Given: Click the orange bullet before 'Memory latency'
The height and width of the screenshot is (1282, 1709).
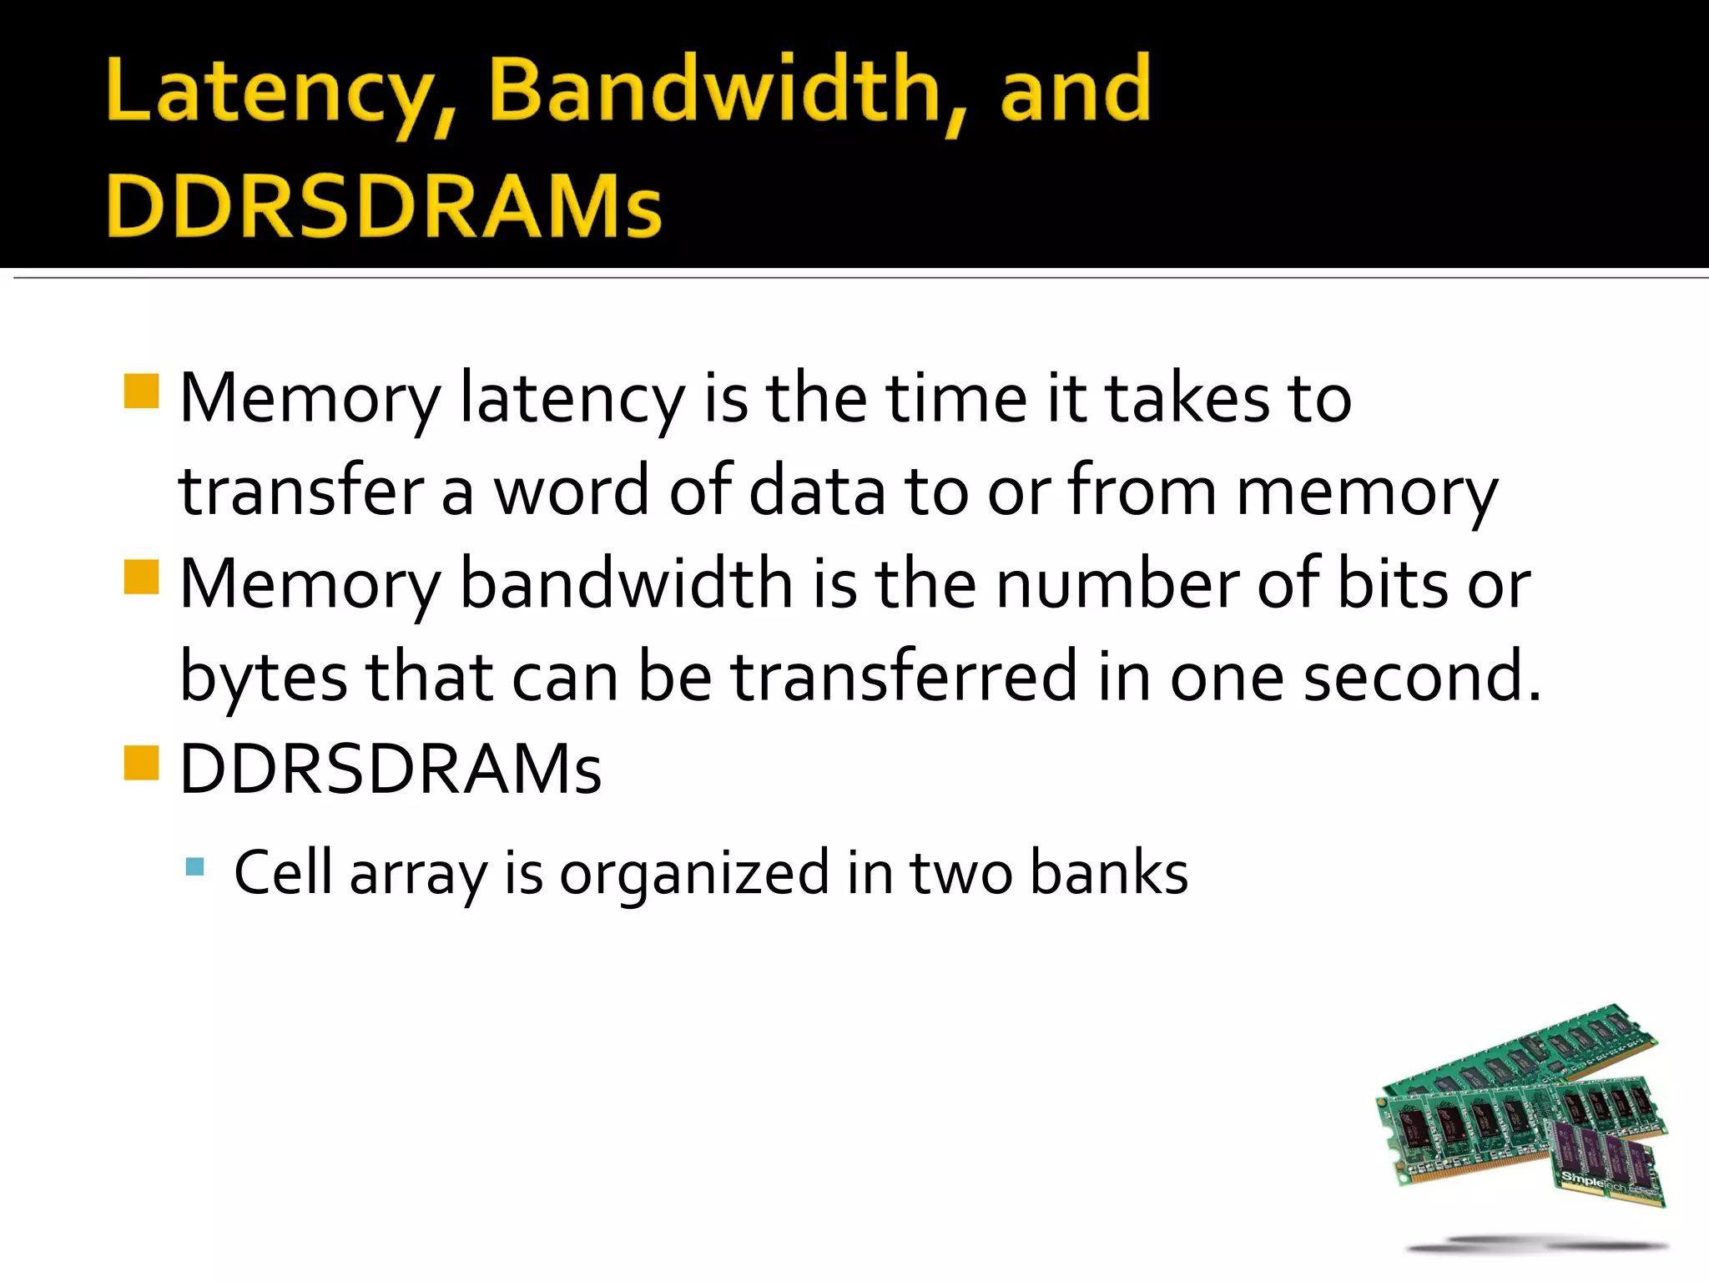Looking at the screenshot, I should [141, 391].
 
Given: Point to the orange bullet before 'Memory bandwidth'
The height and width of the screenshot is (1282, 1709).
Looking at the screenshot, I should [141, 577].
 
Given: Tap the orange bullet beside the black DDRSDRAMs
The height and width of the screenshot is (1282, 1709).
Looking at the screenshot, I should [141, 762].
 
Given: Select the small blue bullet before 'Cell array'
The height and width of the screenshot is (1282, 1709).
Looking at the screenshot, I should [195, 866].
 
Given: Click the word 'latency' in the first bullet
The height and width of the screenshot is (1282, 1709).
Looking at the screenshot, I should [572, 399].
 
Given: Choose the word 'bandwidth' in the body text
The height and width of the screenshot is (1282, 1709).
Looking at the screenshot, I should [626, 583].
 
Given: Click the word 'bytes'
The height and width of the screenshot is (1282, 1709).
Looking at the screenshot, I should [263, 677].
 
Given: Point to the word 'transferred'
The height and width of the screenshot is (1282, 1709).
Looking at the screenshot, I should [905, 677].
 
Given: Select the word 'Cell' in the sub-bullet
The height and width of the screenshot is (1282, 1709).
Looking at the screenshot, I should [283, 873].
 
